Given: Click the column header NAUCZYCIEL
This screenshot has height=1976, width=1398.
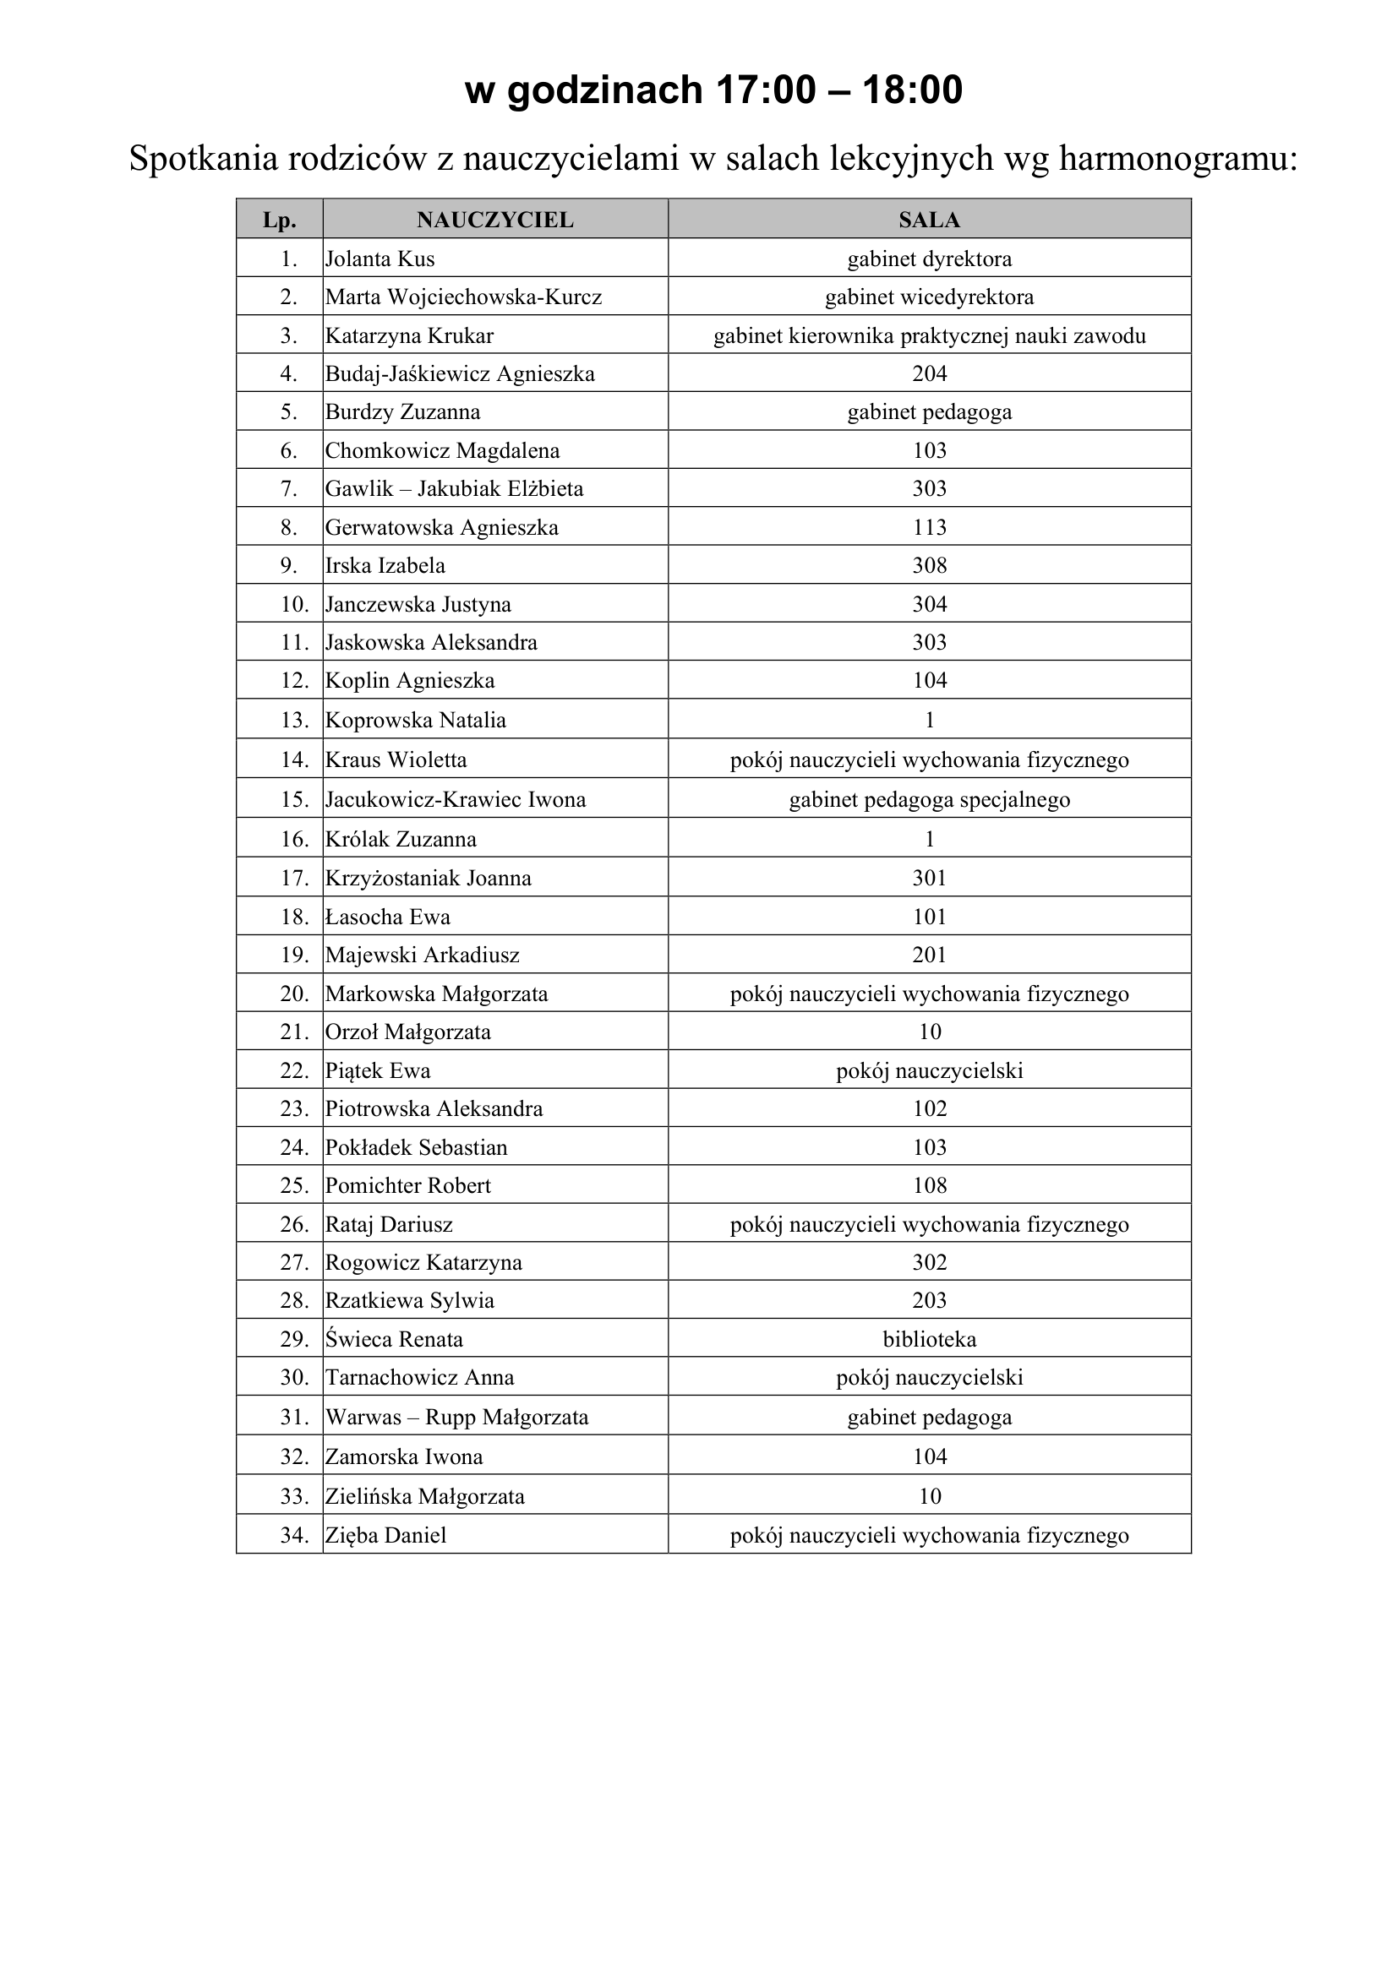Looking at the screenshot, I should coord(495,220).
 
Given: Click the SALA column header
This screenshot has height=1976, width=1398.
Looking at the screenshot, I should coord(929,220).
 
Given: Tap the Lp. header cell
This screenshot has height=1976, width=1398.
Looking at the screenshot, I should coord(280,220).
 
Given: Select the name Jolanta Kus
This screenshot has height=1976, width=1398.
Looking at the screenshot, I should coord(380,259).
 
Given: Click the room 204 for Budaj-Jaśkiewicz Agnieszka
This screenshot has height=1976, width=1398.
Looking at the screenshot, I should coord(930,373).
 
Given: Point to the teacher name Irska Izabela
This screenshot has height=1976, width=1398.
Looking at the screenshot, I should coord(385,565).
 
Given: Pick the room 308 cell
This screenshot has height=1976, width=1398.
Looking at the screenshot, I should coord(930,565).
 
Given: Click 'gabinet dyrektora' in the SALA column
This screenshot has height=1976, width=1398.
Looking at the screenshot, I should coord(930,259).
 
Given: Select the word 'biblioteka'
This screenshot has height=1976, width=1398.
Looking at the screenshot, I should coord(930,1339).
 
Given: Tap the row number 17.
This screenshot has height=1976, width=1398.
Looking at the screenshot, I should coord(294,878).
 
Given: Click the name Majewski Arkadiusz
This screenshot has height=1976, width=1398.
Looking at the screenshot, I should coord(422,955).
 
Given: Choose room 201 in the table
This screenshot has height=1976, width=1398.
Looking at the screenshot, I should coord(930,955).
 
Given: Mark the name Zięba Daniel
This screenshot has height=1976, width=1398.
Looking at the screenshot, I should coord(385,1535).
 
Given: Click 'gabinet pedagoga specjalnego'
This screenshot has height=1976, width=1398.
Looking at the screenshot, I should coord(930,799).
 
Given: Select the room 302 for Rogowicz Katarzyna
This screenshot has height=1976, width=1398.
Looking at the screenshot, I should coord(930,1262).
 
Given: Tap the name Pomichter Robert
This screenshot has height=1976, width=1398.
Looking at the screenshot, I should coord(408,1185).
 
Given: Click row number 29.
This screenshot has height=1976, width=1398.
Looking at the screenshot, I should coord(294,1339).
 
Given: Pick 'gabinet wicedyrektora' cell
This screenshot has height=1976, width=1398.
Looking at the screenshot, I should coord(930,297).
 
